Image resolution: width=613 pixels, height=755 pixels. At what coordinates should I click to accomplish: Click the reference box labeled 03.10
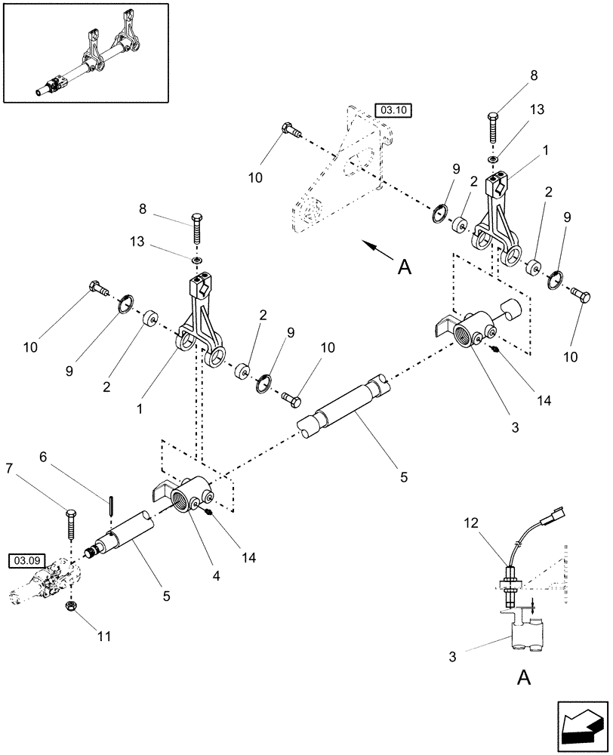392,110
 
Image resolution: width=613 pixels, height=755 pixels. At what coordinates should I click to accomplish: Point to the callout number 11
104,636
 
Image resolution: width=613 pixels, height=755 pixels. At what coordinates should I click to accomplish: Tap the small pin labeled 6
111,504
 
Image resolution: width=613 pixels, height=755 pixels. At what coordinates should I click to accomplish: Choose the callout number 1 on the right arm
545,151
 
